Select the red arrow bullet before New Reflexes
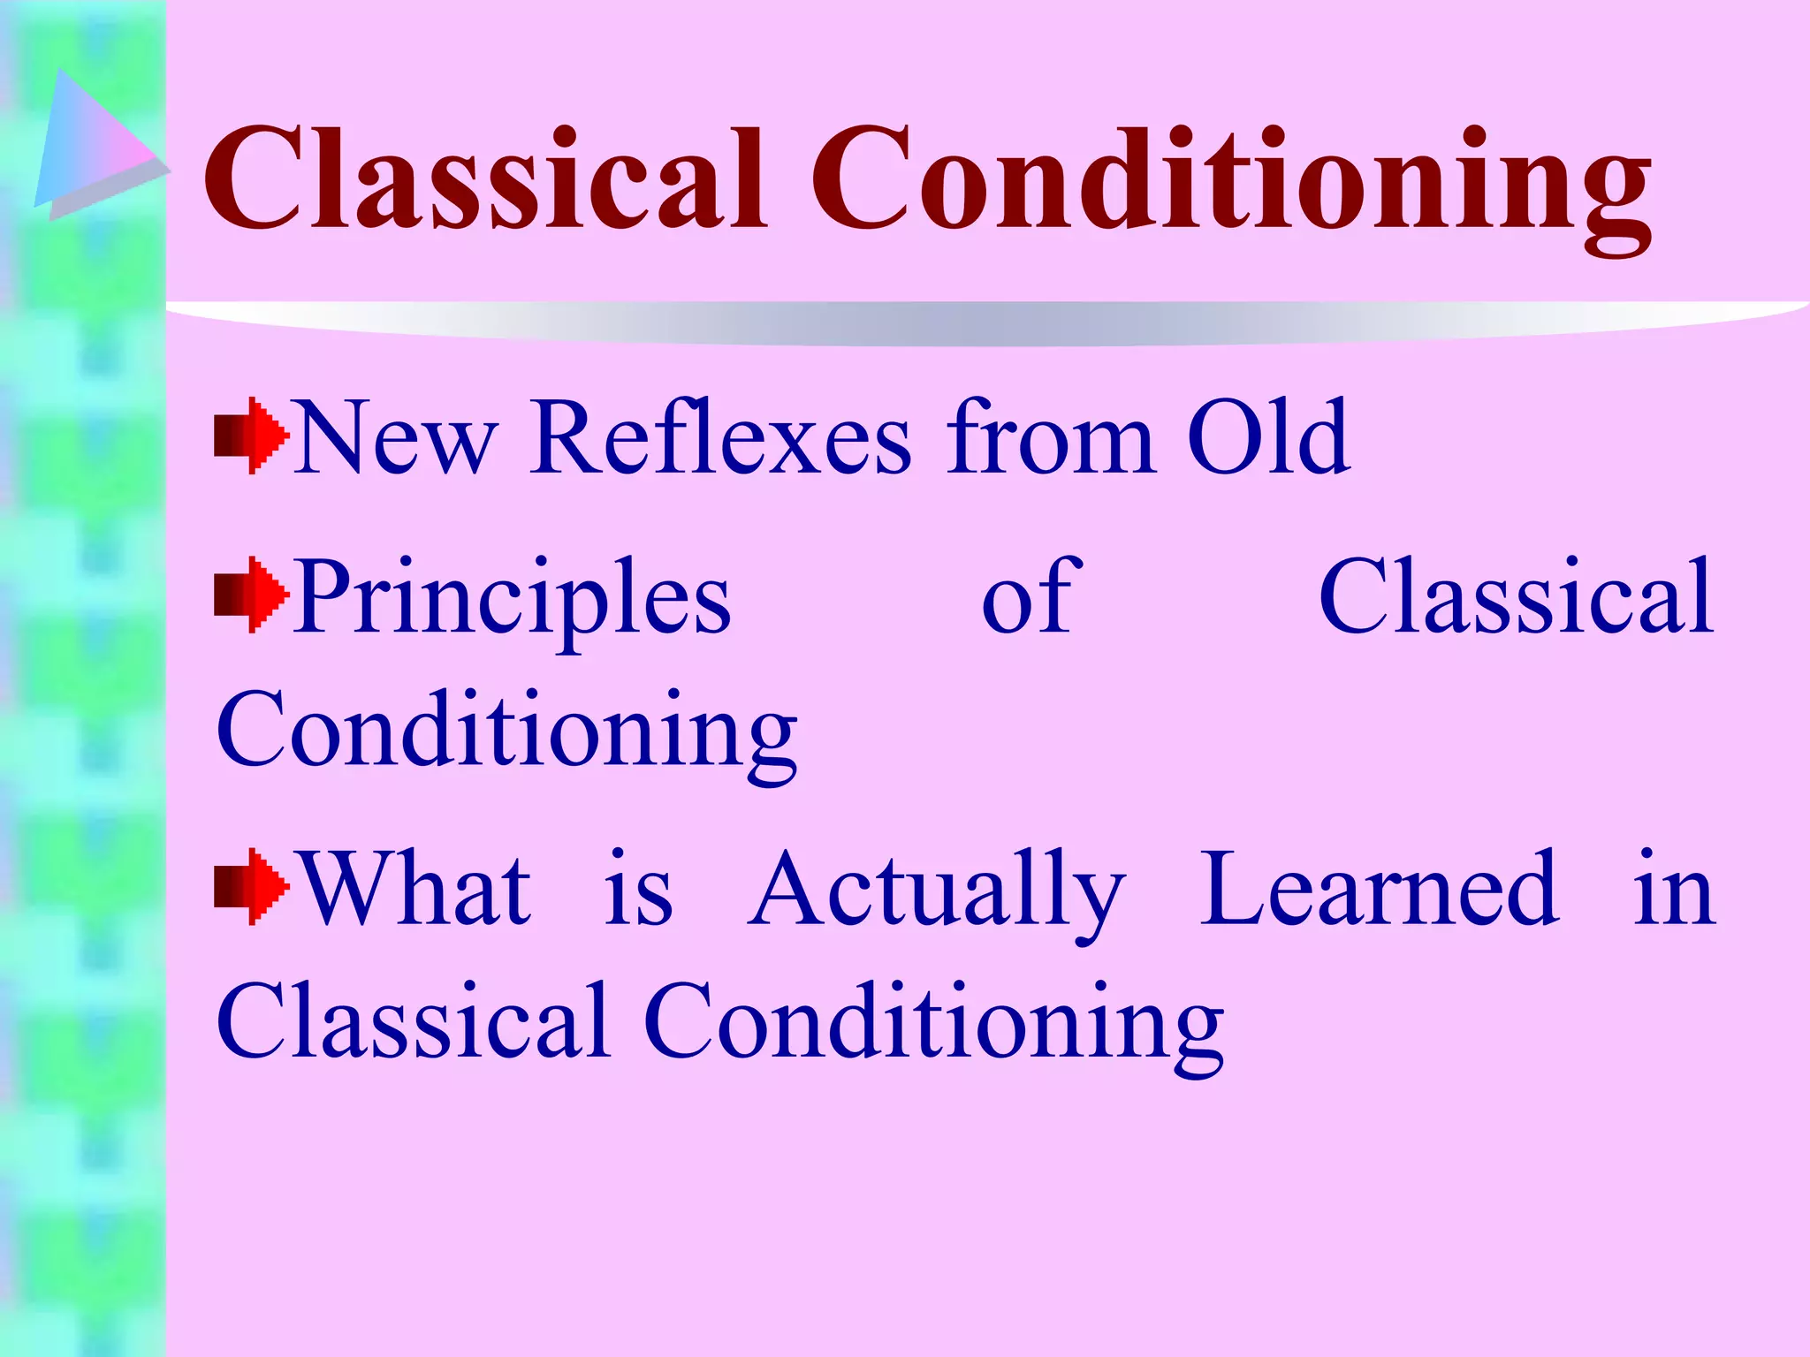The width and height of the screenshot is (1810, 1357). click(x=251, y=436)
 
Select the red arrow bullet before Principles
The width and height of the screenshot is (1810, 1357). click(x=251, y=594)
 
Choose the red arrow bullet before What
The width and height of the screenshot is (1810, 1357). click(x=251, y=886)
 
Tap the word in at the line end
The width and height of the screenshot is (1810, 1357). click(x=1674, y=891)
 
